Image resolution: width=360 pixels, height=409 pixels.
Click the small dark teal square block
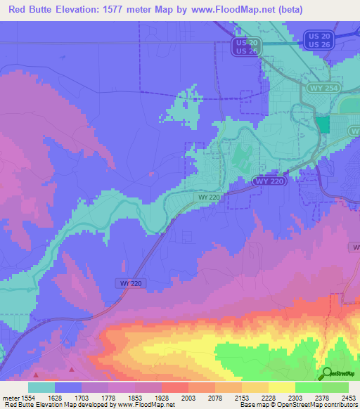(x=323, y=124)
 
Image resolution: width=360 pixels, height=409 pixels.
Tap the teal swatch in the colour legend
(x=41, y=387)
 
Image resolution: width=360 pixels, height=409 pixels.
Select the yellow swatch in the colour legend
(x=281, y=387)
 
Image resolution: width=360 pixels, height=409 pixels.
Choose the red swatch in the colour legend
(x=175, y=387)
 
